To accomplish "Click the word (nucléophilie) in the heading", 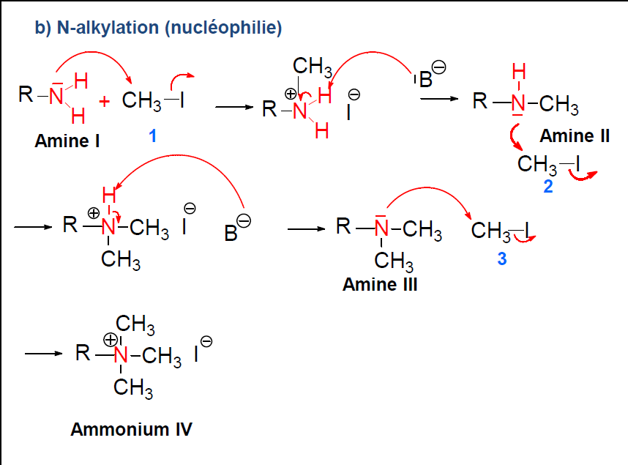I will coord(223,29).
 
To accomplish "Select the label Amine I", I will coord(67,141).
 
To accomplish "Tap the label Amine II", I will coord(575,135).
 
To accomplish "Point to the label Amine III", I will coord(380,285).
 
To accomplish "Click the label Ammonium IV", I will coord(131,429).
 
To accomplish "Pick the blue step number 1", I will coord(152,135).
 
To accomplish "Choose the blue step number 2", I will coord(548,186).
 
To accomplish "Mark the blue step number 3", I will coord(501,258).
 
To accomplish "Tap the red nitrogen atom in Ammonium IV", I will coord(121,356).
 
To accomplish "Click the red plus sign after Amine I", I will coord(105,101).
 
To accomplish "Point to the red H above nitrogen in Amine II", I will coord(518,72).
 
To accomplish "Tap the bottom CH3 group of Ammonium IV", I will coord(132,388).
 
